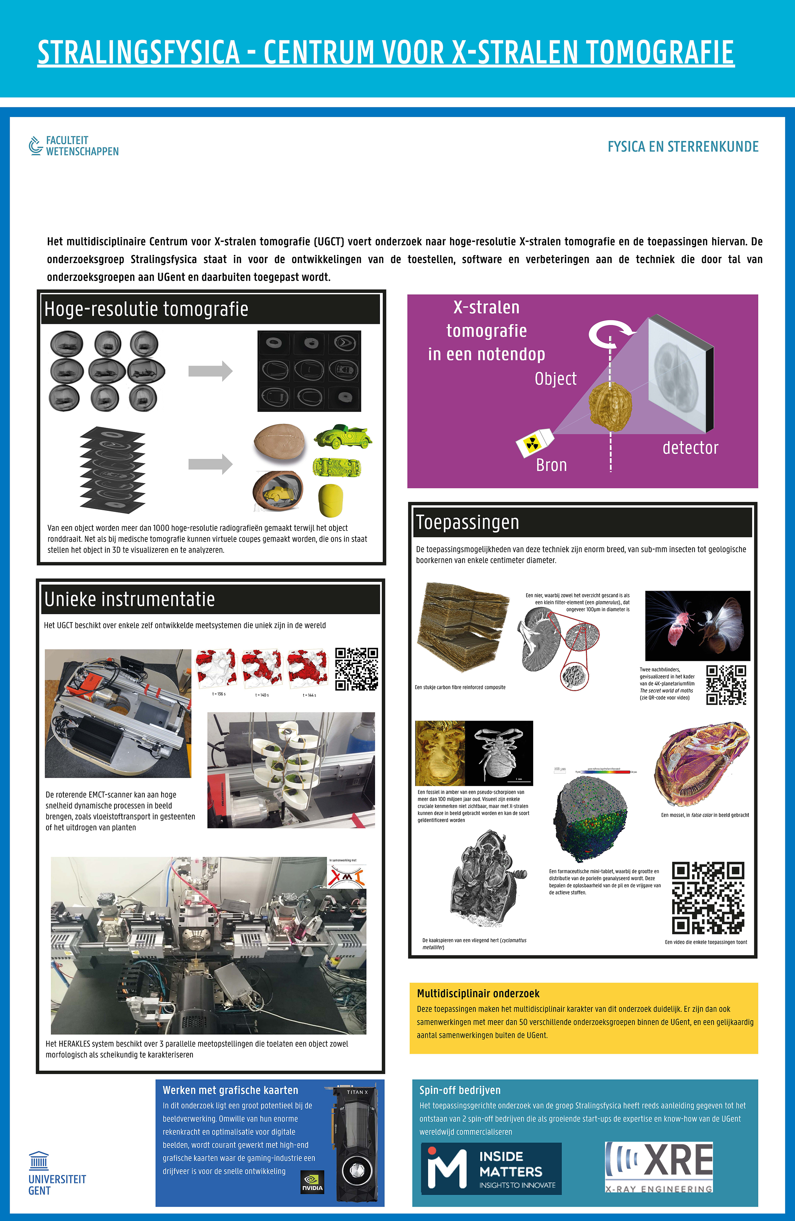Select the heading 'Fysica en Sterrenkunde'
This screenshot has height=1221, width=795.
pos(683,147)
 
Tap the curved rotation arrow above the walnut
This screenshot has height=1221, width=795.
pos(611,333)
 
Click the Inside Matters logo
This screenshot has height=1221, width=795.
pos(491,1169)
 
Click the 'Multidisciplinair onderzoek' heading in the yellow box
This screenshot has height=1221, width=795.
pos(478,994)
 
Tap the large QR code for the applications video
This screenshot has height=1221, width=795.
pos(708,898)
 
